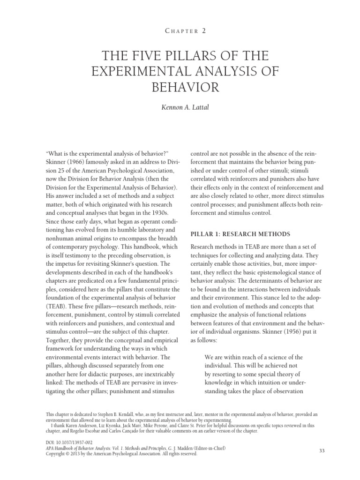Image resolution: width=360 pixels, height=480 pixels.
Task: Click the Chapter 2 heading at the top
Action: (x=180, y=31)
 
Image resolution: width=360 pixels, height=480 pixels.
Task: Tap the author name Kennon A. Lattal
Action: (x=180, y=108)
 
